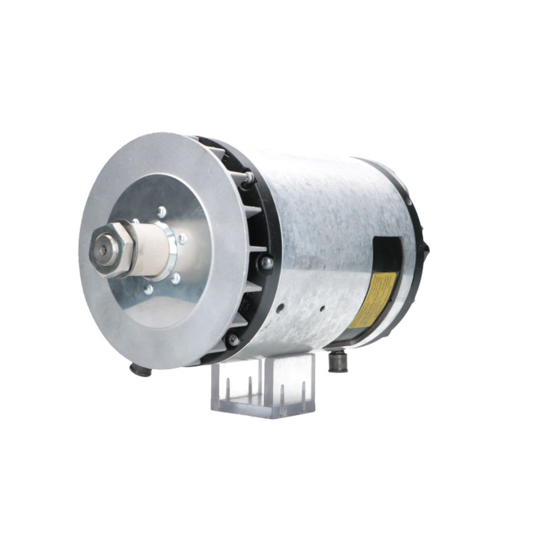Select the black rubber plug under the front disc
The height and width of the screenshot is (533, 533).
tap(141, 369)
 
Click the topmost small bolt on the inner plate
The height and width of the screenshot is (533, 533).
tap(161, 212)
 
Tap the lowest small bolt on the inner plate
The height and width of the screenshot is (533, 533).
tap(148, 289)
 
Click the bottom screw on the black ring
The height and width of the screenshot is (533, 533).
tap(232, 339)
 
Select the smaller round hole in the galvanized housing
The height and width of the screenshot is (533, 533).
tap(322, 308)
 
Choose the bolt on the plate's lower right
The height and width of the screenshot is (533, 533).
tap(175, 278)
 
